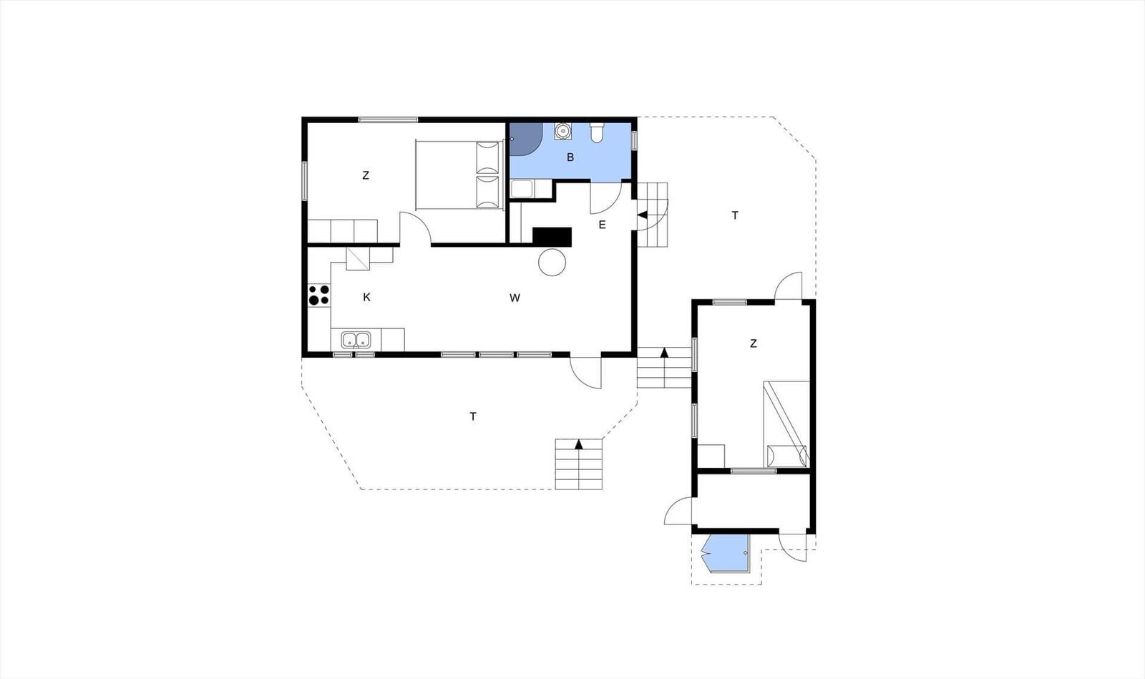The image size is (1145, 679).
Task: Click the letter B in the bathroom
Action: point(570,157)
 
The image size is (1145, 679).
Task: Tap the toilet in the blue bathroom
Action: point(597,132)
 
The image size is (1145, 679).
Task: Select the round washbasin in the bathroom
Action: point(562,131)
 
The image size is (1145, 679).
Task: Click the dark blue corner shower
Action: point(525,139)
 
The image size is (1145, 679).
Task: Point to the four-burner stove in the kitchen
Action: point(319,295)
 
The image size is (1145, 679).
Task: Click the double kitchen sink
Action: point(356,340)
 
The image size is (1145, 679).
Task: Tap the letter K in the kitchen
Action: point(366,297)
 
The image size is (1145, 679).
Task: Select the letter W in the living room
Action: point(515,298)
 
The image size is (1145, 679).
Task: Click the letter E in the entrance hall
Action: point(602,224)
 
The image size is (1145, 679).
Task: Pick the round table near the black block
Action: point(552,262)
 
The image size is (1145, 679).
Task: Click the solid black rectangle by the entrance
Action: point(552,237)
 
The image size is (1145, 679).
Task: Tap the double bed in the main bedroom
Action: point(459,175)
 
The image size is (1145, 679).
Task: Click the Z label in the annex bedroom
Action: point(753,344)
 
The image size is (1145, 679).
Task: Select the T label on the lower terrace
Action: point(473,416)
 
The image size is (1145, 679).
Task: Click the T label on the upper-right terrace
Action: point(735,215)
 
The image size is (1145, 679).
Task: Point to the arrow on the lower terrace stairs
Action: point(579,444)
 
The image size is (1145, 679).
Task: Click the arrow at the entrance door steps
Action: point(643,215)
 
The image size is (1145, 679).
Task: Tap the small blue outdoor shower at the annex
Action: point(726,553)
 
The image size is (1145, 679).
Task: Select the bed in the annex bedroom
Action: point(786,424)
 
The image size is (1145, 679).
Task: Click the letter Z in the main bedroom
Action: point(366,175)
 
